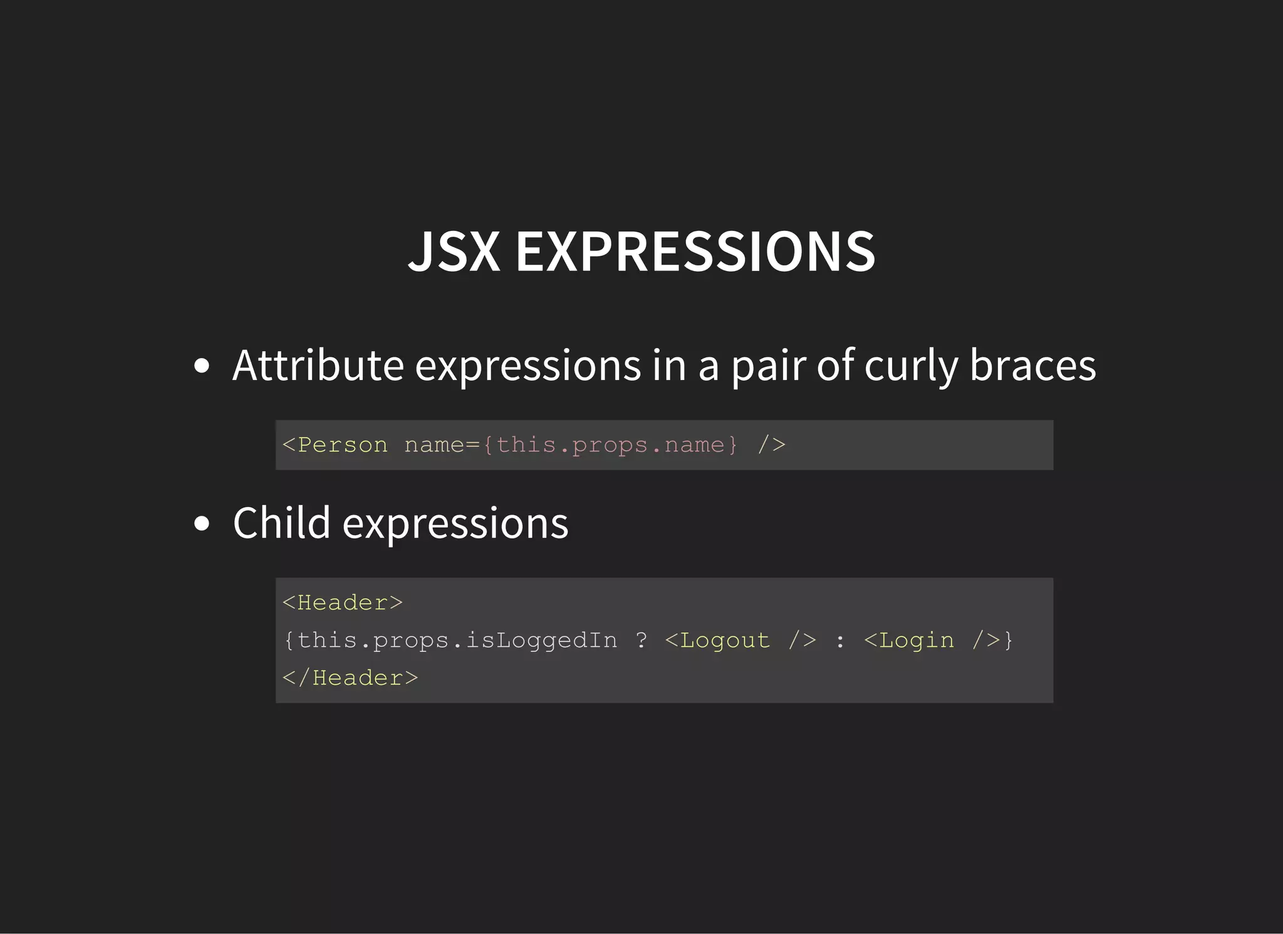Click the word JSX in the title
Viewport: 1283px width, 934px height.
(454, 252)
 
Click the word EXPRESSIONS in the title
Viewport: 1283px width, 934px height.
(695, 252)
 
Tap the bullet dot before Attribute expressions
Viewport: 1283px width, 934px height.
(202, 366)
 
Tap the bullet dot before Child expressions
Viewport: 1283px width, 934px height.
(202, 523)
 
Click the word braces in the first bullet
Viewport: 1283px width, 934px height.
(1033, 366)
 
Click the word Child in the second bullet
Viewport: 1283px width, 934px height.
(281, 523)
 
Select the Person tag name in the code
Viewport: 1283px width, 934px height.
(343, 445)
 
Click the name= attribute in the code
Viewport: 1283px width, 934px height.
(442, 445)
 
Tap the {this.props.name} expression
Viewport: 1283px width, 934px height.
(610, 445)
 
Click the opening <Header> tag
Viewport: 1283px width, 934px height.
(343, 603)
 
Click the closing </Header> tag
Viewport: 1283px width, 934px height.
(350, 678)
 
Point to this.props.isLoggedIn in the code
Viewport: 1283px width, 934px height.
(457, 640)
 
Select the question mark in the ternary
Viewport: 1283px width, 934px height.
(641, 640)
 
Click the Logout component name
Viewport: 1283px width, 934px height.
(725, 640)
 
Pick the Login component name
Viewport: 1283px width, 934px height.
(917, 640)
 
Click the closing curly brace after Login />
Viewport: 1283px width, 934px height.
(1008, 640)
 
